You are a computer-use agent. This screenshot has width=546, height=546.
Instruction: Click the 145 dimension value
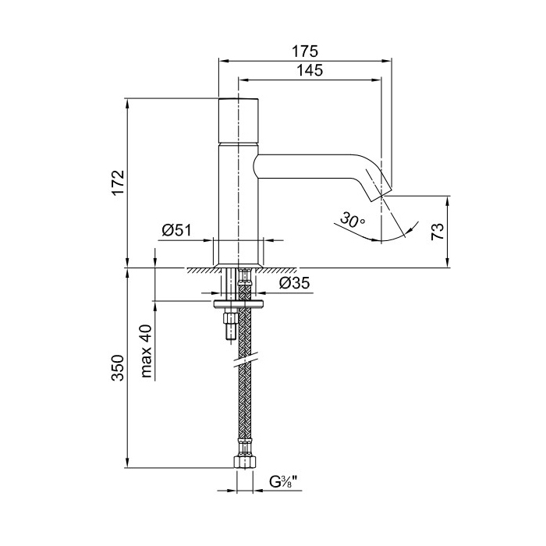coord(310,71)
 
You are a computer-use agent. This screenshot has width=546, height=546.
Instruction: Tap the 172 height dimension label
coord(118,184)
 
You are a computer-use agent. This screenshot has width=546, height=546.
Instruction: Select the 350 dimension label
coord(118,368)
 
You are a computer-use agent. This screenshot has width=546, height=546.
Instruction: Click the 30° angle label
coord(353,221)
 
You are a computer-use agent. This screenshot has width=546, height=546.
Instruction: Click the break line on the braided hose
coord(246,360)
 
